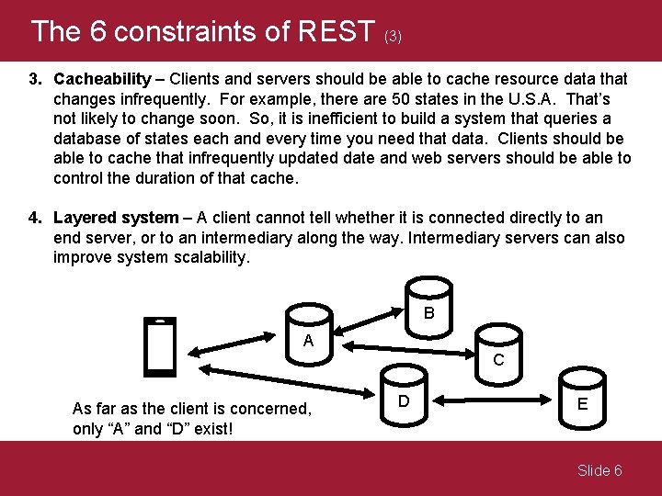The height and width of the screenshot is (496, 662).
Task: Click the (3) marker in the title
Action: [x=393, y=37]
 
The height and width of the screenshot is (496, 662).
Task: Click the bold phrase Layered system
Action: [x=116, y=218]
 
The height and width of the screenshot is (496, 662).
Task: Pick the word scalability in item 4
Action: [x=207, y=258]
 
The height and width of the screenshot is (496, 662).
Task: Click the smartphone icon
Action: [x=161, y=347]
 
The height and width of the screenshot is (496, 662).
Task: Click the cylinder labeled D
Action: [x=404, y=398]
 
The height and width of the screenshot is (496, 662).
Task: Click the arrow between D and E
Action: [x=493, y=400]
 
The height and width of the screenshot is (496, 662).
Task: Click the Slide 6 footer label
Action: [x=599, y=470]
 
